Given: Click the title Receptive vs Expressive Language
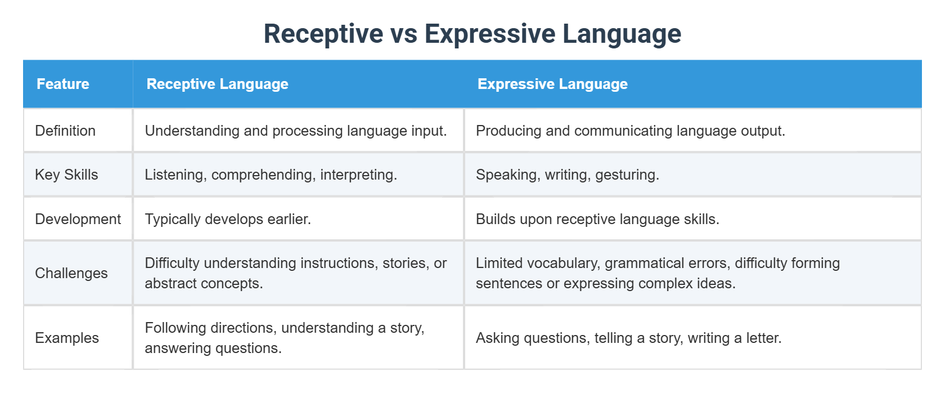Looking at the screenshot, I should [472, 34].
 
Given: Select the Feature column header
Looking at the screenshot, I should [63, 84].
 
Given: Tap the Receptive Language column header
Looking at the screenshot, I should [217, 84].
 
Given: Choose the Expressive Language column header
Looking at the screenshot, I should [552, 84].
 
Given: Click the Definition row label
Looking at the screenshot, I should [65, 131].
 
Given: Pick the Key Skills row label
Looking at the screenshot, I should [66, 175].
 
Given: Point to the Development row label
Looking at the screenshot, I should [78, 219].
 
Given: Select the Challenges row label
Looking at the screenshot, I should [71, 273].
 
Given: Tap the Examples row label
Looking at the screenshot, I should [67, 338].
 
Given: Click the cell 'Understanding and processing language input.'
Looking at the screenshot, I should [296, 131].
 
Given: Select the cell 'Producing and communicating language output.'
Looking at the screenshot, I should [630, 131].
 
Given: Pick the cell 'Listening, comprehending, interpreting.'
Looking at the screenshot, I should [271, 175].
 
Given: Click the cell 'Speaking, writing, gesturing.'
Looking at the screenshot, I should [567, 175].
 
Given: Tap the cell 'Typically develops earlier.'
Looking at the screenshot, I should [228, 219].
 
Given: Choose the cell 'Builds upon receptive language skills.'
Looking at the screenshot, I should [597, 219].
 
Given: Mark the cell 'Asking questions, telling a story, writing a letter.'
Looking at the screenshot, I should [628, 338].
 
